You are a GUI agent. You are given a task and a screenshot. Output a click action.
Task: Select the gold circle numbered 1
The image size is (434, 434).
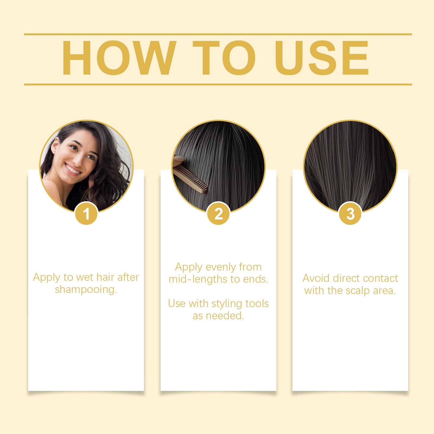86,213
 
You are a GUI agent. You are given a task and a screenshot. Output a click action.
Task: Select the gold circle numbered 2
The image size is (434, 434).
218,213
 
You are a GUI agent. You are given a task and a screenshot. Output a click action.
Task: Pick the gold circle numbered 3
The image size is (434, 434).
350,213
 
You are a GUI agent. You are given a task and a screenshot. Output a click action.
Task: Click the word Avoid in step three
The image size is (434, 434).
317,278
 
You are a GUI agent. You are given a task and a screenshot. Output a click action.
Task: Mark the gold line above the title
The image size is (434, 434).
218,34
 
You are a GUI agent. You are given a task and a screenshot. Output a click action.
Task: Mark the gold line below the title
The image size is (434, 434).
218,84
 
